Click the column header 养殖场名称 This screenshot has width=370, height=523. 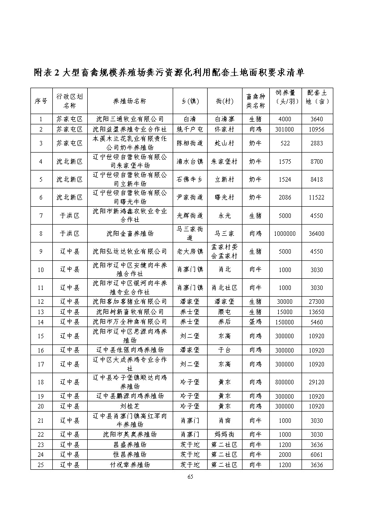click(x=130, y=101)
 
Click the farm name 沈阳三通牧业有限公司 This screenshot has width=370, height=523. click(x=130, y=119)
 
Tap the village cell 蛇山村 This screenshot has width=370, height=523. click(x=224, y=143)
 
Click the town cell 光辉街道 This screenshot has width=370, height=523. click(x=190, y=216)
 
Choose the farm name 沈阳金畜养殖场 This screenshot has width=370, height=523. click(x=130, y=234)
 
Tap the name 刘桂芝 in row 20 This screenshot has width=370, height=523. click(x=130, y=406)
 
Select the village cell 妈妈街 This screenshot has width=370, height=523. click(x=224, y=434)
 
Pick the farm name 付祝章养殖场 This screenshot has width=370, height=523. click(x=130, y=465)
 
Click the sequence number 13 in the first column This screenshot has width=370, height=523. click(x=41, y=312)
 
